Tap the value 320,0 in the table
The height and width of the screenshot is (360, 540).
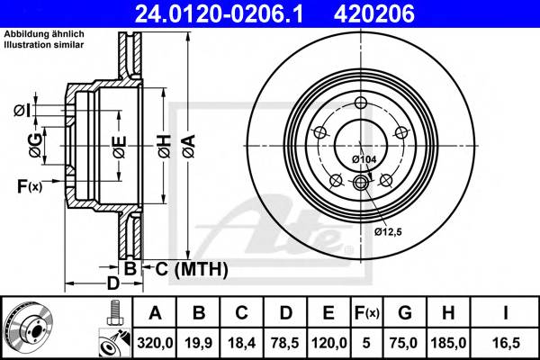click(x=155, y=341)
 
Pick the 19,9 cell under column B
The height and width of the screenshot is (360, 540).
click(x=200, y=341)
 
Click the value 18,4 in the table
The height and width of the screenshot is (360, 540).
click(x=243, y=341)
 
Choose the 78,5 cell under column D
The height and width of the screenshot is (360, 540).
click(x=286, y=341)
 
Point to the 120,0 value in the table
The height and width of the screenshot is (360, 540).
click(x=328, y=341)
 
